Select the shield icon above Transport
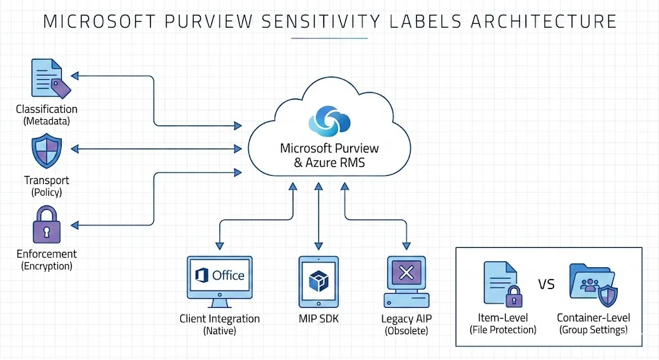coord(46,152)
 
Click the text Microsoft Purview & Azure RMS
coord(329,155)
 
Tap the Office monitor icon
coord(219,277)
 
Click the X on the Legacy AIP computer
coord(406,273)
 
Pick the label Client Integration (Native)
coord(219,325)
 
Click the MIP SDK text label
coord(319,319)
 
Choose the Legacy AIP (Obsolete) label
coord(406,325)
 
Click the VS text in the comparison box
coord(546,284)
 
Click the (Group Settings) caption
coord(593,330)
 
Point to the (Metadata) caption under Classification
coord(46,120)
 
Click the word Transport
coord(46,180)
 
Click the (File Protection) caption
coord(503,330)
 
